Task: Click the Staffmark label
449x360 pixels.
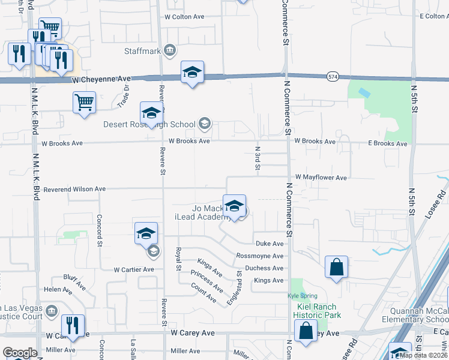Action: pos(143,51)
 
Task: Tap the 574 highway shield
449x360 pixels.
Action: pos(333,76)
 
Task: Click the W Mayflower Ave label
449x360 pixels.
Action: pos(321,178)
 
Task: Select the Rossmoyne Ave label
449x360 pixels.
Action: pos(259,256)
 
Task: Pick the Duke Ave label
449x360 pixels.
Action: pos(269,244)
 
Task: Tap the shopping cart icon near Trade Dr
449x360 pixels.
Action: pos(85,101)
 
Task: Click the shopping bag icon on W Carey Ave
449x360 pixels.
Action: pos(306,331)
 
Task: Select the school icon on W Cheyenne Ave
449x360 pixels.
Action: pos(192,73)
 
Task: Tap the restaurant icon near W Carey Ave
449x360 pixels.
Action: pos(73,326)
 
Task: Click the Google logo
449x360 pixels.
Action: pos(20,353)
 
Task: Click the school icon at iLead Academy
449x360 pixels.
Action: pos(234,206)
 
